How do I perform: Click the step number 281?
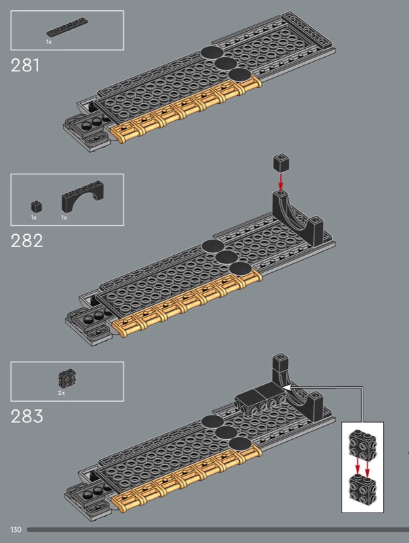(25, 65)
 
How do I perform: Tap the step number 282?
(26, 241)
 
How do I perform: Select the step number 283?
(26, 416)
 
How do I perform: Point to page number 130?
(16, 529)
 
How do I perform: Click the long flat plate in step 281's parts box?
(67, 26)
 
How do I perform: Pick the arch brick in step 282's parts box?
(82, 196)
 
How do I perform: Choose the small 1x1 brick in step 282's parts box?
(37, 207)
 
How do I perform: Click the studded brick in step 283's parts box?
(67, 379)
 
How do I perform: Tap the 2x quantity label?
(61, 393)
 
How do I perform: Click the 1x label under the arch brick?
(64, 217)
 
